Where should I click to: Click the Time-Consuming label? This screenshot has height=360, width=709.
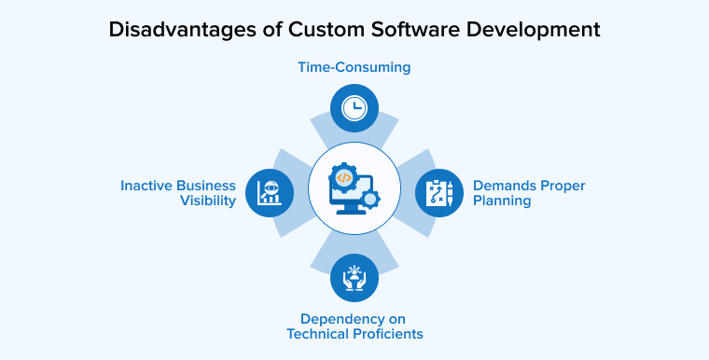point(354,67)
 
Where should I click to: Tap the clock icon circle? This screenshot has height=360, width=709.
point(354,107)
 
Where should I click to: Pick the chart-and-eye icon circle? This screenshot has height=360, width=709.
point(269,193)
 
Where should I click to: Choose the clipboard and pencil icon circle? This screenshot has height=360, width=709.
point(438,193)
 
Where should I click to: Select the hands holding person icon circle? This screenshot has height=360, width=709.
point(354,278)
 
